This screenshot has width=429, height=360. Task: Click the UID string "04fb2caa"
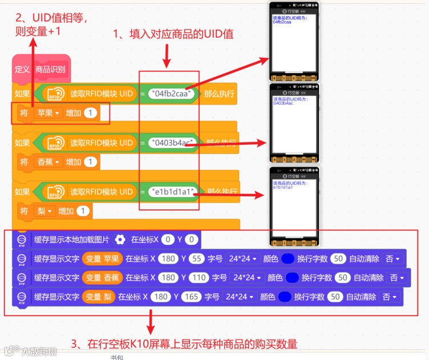click(x=172, y=94)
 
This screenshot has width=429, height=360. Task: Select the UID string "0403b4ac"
click(x=172, y=143)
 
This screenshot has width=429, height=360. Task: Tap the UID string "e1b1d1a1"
click(x=172, y=191)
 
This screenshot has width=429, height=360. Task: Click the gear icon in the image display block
click(x=120, y=240)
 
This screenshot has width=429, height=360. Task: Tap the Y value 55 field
click(x=197, y=259)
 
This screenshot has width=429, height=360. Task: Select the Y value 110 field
click(x=199, y=278)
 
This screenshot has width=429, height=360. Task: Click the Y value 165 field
click(x=192, y=297)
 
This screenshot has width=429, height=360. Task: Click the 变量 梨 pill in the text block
click(x=99, y=297)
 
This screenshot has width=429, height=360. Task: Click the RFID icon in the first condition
click(x=55, y=94)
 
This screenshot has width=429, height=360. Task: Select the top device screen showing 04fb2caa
click(x=294, y=43)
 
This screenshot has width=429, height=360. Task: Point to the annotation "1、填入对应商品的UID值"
click(x=174, y=34)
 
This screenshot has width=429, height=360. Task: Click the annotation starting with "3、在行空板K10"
click(x=184, y=344)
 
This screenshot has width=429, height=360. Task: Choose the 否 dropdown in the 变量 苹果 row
click(x=392, y=259)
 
